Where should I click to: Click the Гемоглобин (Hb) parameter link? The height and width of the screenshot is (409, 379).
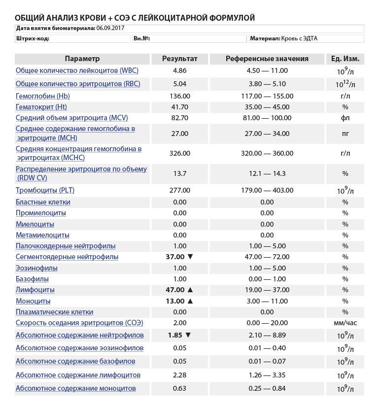click(x=42, y=96)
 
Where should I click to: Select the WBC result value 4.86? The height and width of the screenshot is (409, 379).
click(x=180, y=70)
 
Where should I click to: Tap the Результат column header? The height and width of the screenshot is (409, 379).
click(x=180, y=59)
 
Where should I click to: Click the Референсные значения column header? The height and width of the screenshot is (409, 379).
click(x=267, y=59)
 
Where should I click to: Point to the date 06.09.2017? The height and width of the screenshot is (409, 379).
click(x=110, y=28)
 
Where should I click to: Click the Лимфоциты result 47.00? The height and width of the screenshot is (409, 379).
click(x=175, y=290)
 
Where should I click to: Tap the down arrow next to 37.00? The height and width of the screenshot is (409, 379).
click(x=191, y=257)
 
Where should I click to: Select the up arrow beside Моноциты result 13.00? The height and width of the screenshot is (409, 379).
click(x=191, y=301)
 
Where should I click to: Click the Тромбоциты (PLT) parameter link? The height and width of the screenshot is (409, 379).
click(x=45, y=190)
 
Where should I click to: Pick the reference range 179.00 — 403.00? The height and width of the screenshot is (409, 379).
click(x=267, y=190)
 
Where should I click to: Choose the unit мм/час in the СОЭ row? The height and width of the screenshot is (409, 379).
click(x=345, y=323)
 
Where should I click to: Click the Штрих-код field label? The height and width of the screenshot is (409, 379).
click(x=33, y=38)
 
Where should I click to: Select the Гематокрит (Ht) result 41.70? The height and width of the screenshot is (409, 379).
click(x=180, y=107)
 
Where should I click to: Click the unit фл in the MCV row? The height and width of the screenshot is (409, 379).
click(x=345, y=118)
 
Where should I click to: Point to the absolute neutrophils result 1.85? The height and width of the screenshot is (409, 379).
click(x=175, y=335)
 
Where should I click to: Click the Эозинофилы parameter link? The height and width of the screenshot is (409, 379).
click(x=36, y=268)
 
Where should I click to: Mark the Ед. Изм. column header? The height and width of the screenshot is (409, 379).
click(x=345, y=59)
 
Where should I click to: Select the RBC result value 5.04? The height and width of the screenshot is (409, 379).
click(x=180, y=84)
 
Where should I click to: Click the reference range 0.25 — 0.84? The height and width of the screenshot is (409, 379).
click(x=267, y=388)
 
